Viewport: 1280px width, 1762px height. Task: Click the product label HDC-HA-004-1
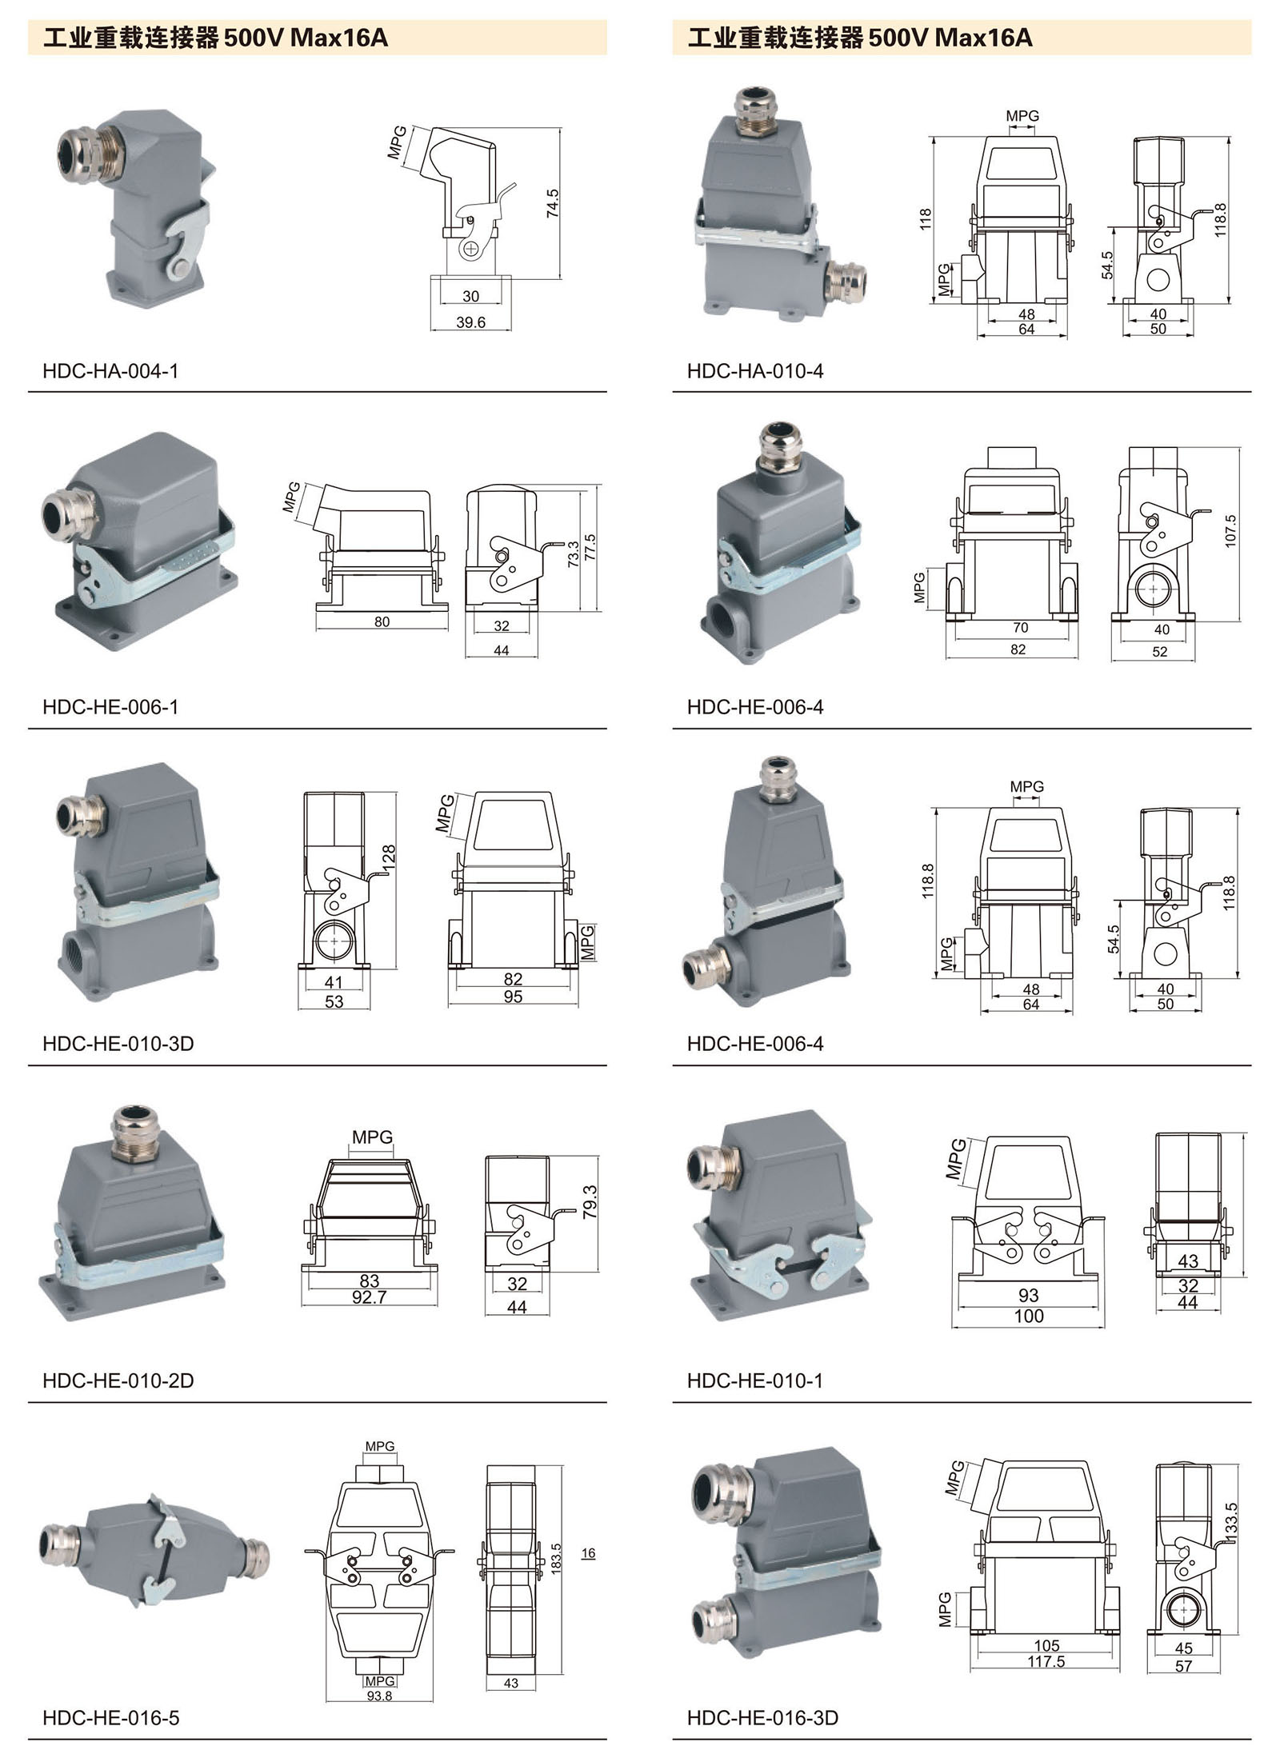click(110, 371)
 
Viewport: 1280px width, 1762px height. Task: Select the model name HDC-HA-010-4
click(754, 371)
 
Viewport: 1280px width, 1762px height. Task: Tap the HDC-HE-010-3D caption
click(118, 1044)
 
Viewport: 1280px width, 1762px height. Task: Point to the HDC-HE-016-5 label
click(110, 1718)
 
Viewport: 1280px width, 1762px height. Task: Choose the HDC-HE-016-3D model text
click(762, 1718)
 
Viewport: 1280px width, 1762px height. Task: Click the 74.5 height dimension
click(552, 205)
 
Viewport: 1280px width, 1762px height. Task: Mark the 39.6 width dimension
click(470, 323)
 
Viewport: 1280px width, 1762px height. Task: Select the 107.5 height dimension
click(1230, 531)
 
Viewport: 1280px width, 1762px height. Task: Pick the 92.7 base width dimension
click(369, 1297)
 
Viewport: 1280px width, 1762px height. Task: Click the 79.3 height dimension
click(590, 1202)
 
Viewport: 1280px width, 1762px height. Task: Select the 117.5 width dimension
click(1046, 1662)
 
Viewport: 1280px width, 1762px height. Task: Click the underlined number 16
click(588, 1553)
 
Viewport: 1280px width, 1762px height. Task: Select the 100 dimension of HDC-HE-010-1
click(1029, 1317)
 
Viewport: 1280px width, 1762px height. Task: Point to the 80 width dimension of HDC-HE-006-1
click(382, 621)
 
